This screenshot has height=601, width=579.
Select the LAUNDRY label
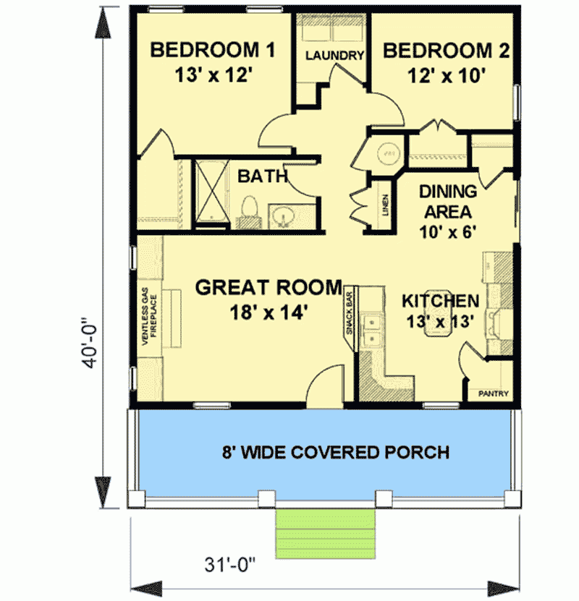coord(333,56)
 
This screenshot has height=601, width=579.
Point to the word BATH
coord(263,176)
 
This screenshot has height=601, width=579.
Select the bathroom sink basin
coord(283,215)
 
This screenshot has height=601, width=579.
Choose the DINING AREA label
coord(448,202)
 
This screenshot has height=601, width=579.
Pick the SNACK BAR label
coord(349,312)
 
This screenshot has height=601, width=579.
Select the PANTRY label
coord(494,394)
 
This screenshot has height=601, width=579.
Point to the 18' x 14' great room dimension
coord(267,312)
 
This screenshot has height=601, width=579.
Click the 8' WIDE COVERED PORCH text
coord(335,453)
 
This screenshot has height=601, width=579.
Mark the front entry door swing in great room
coord(324,383)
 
